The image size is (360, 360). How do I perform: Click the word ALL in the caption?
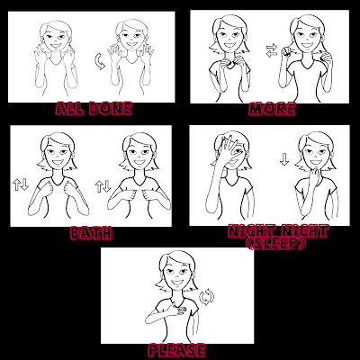[70, 109]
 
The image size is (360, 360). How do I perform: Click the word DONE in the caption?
[111, 109]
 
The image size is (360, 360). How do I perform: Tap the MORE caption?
[272, 109]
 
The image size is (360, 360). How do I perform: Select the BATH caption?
[92, 233]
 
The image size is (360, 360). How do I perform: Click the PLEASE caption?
[177, 350]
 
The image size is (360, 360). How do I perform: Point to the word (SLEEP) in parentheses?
[275, 244]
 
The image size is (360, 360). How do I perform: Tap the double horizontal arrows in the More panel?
[271, 50]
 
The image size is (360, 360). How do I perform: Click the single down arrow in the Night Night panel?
[284, 159]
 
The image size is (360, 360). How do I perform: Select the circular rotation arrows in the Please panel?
[207, 297]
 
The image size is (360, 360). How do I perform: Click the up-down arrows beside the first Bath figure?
[21, 184]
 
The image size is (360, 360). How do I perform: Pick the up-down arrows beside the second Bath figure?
[103, 186]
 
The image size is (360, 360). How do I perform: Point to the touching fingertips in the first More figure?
[229, 63]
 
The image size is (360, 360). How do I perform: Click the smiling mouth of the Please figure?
[177, 283]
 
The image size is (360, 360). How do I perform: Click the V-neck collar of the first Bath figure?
[58, 182]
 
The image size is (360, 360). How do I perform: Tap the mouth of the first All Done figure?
[56, 46]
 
